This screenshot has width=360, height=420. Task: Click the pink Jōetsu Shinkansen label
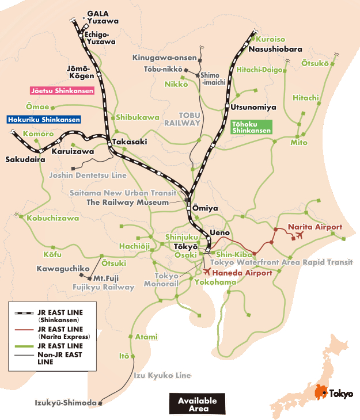[62, 90]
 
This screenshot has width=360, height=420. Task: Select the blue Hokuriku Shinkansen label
[43, 120]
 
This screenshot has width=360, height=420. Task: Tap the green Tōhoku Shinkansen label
[251, 127]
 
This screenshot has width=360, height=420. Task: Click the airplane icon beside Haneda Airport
[207, 272]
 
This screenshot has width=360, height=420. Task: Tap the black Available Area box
[197, 404]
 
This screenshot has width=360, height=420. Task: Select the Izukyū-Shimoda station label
[65, 403]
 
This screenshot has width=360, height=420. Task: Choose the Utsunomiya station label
[253, 107]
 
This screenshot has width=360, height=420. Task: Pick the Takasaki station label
[130, 142]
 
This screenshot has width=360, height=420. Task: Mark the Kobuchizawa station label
[53, 218]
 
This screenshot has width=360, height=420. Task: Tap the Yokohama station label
[215, 282]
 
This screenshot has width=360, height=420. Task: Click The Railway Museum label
[127, 202]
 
